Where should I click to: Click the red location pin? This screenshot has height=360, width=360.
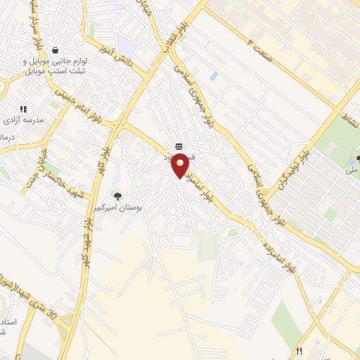(180, 166)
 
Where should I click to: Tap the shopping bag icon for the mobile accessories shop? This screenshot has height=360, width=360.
(55, 50)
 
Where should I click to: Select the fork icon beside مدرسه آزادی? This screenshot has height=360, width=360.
(23, 110)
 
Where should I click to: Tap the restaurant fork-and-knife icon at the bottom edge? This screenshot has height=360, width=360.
(300, 351)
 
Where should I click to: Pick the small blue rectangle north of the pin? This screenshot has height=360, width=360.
(213, 75)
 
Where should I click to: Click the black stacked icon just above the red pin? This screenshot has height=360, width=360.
(179, 146)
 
